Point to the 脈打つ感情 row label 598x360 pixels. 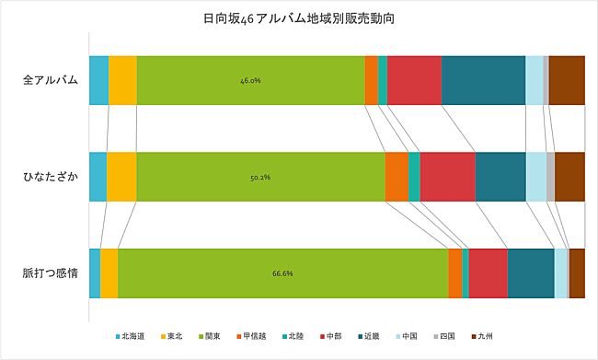tap(51, 273)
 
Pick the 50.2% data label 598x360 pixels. tap(259, 177)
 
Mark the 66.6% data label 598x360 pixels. tap(282, 273)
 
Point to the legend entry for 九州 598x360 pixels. tap(483, 336)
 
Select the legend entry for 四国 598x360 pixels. tap(444, 336)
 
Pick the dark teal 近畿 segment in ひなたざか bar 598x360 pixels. tap(500, 177)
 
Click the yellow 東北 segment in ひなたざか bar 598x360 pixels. tap(121, 177)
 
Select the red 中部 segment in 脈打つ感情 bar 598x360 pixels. tap(488, 273)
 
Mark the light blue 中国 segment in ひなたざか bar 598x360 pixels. tap(535, 177)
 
